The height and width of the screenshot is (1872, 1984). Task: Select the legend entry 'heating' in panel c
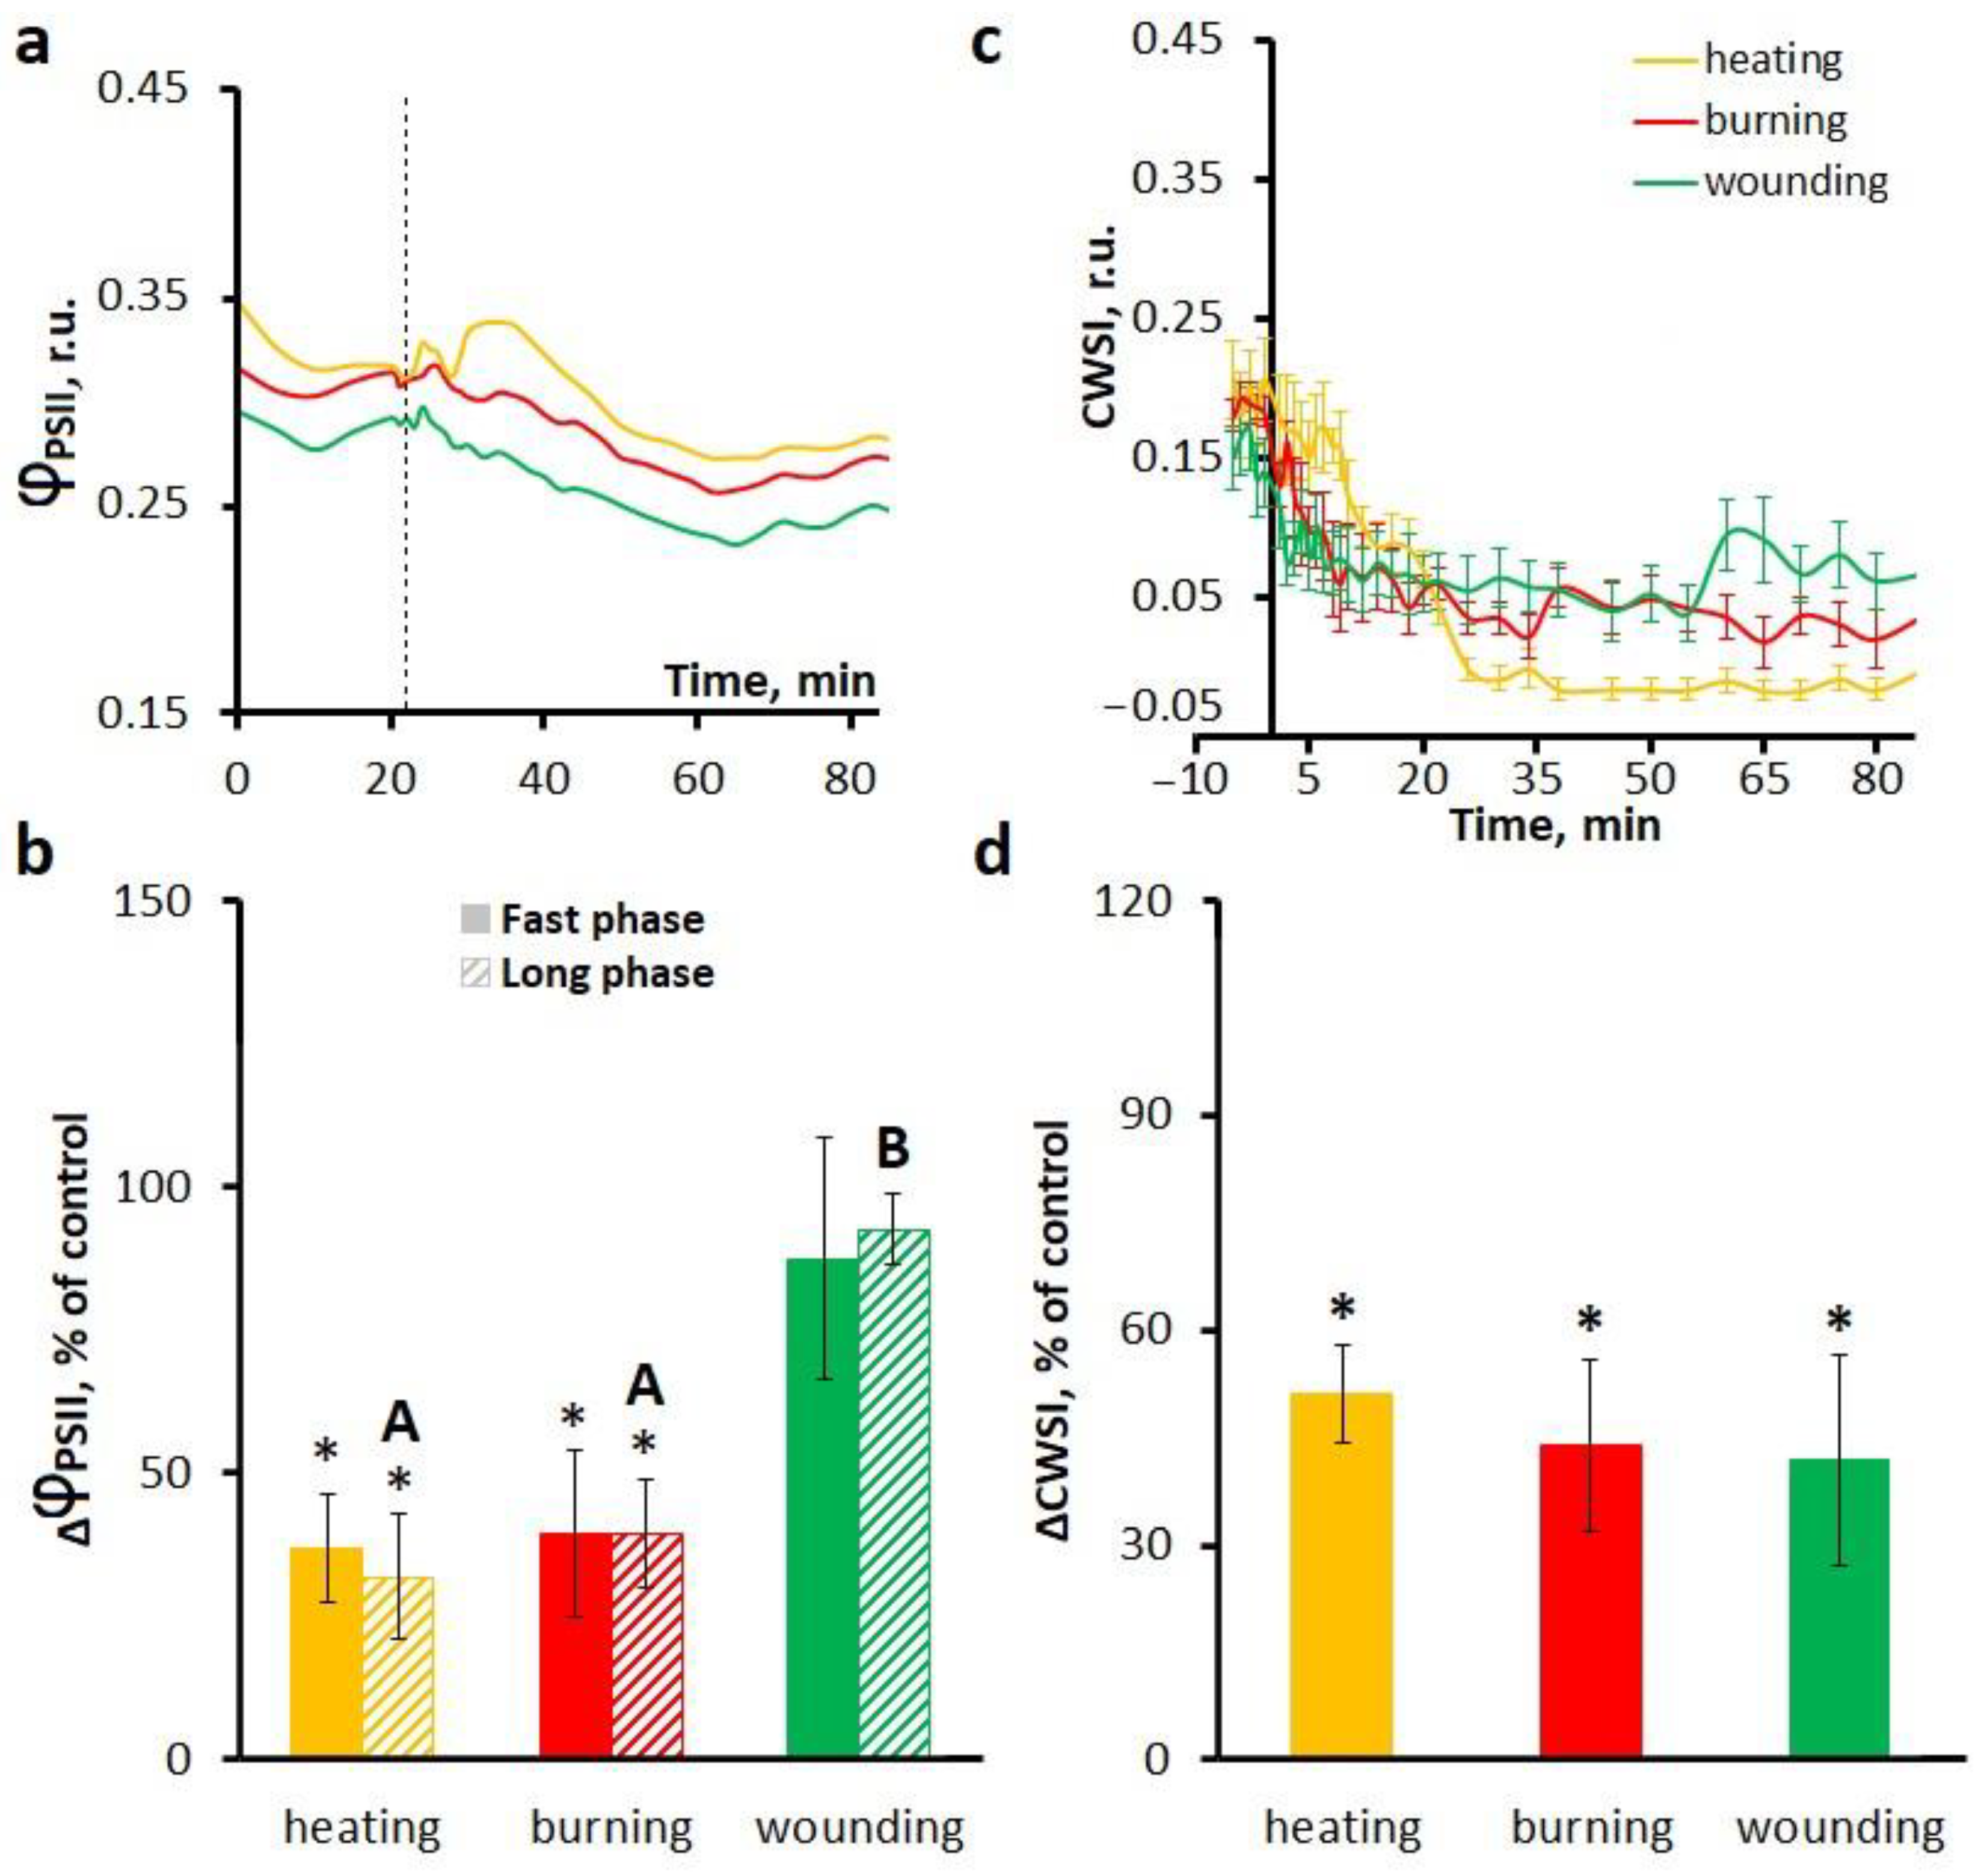click(x=1772, y=60)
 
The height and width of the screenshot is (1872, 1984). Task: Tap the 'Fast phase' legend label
click(x=602, y=919)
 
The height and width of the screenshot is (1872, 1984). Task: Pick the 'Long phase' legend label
click(x=607, y=973)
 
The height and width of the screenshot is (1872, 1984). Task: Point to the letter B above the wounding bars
click(x=892, y=1149)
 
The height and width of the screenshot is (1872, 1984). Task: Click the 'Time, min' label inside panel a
click(x=770, y=681)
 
